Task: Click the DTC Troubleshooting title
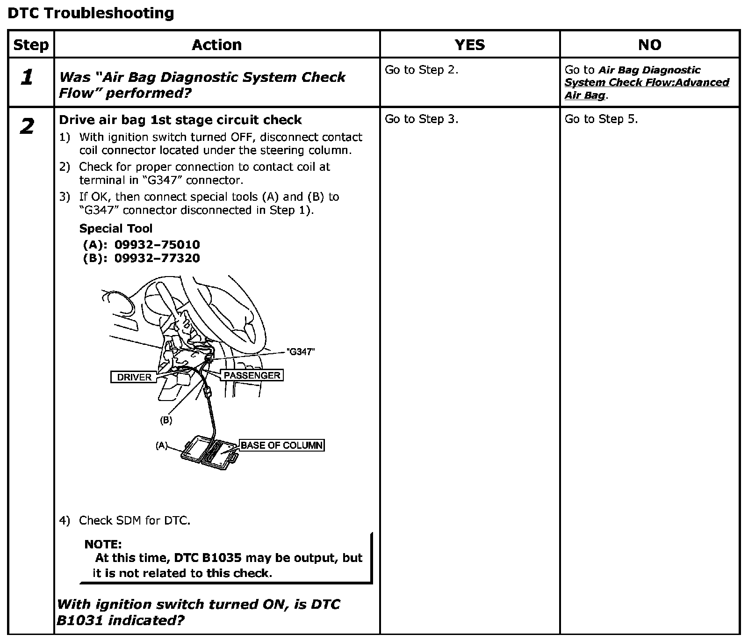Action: (91, 13)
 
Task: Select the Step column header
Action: (31, 45)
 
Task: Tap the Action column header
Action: (217, 45)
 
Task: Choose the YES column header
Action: (469, 45)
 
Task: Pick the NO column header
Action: (649, 45)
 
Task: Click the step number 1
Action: (28, 78)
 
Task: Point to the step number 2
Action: (28, 126)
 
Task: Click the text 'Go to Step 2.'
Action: (421, 70)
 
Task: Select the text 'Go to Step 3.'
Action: (421, 119)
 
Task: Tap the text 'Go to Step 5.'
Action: (601, 119)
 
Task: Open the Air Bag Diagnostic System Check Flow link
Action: (647, 82)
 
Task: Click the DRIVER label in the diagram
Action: (134, 377)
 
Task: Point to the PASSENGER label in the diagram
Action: (252, 375)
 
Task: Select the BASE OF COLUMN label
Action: (281, 445)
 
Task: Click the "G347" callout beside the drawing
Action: (300, 352)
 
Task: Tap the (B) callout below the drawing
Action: (166, 420)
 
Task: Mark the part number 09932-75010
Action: (157, 245)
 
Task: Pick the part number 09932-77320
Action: (157, 258)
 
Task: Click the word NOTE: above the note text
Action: (103, 544)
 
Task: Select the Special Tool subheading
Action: (115, 228)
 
